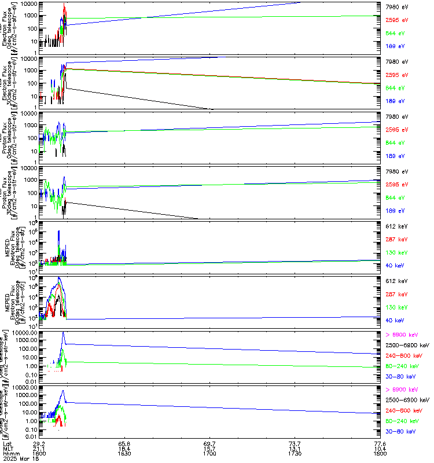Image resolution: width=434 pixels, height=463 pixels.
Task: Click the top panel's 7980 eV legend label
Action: point(397,6)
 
